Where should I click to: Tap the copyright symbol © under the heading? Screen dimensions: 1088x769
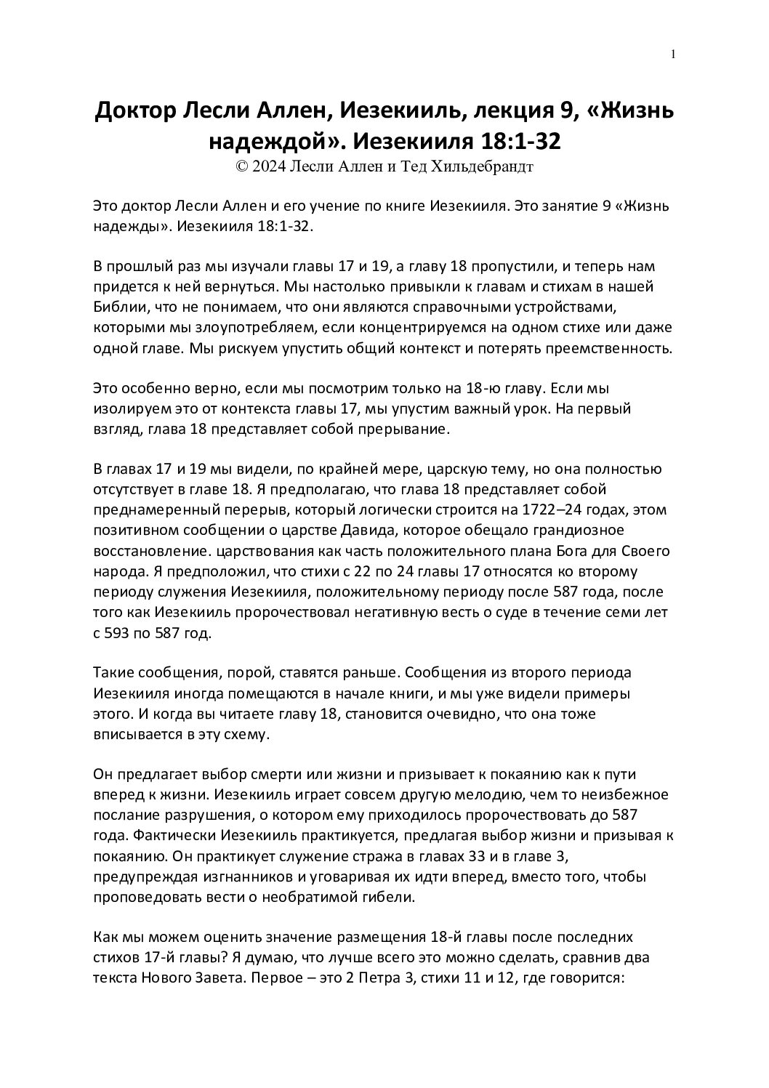tap(241, 166)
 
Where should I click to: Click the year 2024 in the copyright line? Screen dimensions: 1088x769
tap(268, 166)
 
